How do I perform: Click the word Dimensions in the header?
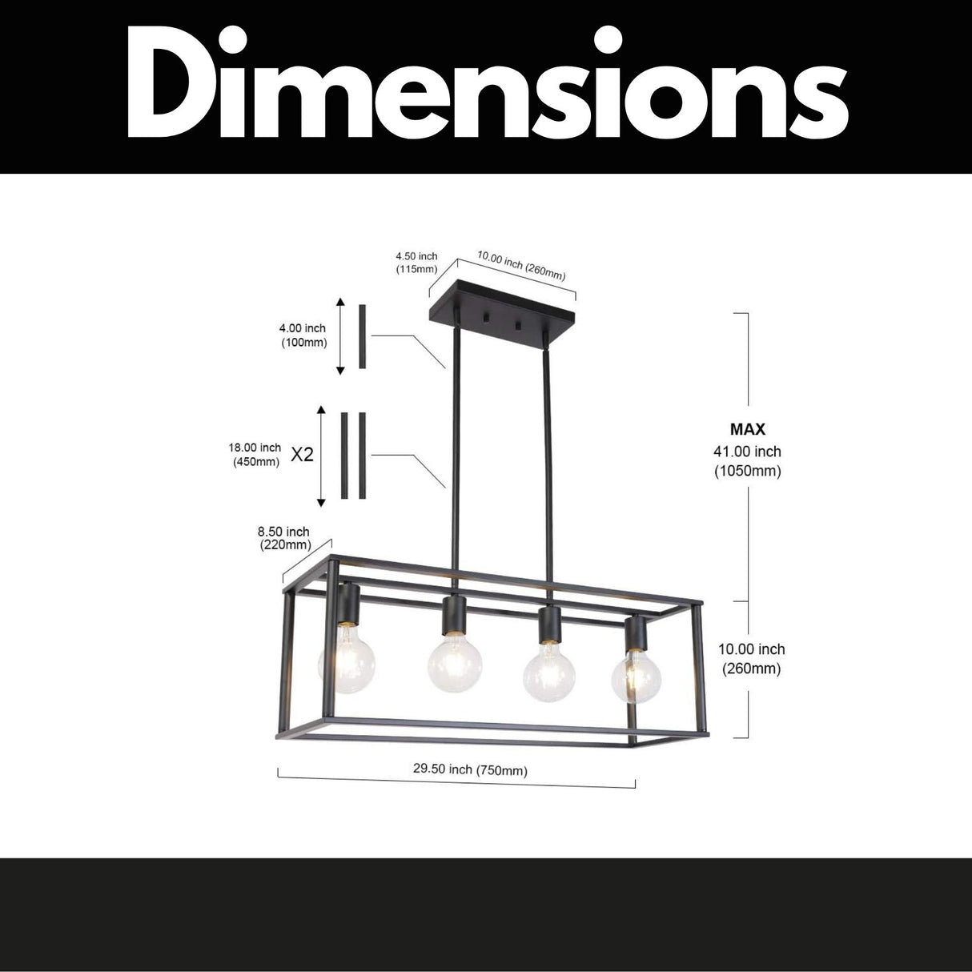[x=486, y=86]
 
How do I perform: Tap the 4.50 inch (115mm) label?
[x=416, y=263]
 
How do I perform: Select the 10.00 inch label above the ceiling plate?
[x=521, y=265]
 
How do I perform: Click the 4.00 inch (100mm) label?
[x=303, y=335]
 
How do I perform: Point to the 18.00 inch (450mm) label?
[x=255, y=455]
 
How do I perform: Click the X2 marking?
[x=302, y=455]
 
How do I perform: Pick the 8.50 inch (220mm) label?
[x=283, y=538]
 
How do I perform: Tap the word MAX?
[x=747, y=430]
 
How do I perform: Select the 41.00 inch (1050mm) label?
[x=747, y=461]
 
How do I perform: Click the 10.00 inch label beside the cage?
[x=751, y=659]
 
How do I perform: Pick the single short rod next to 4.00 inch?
[x=362, y=336]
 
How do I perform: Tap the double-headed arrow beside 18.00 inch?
[x=322, y=456]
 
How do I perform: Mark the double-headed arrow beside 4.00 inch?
[x=340, y=336]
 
